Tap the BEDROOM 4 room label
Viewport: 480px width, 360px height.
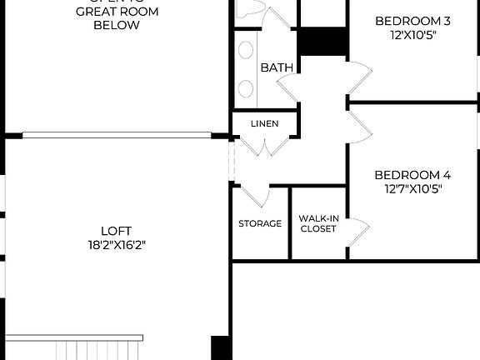[412, 175]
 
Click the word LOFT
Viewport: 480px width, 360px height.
[117, 231]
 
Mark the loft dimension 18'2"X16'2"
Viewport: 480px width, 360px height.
[116, 245]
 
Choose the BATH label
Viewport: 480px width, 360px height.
[274, 67]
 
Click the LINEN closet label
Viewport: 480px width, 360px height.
[264, 124]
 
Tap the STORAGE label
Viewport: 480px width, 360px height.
[260, 224]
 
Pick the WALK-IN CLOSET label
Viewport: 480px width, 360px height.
[318, 223]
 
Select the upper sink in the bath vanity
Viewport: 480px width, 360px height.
[247, 50]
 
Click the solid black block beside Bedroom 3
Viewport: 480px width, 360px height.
[322, 41]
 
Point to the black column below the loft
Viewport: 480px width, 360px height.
[221, 347]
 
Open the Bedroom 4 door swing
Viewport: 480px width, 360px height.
[359, 122]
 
